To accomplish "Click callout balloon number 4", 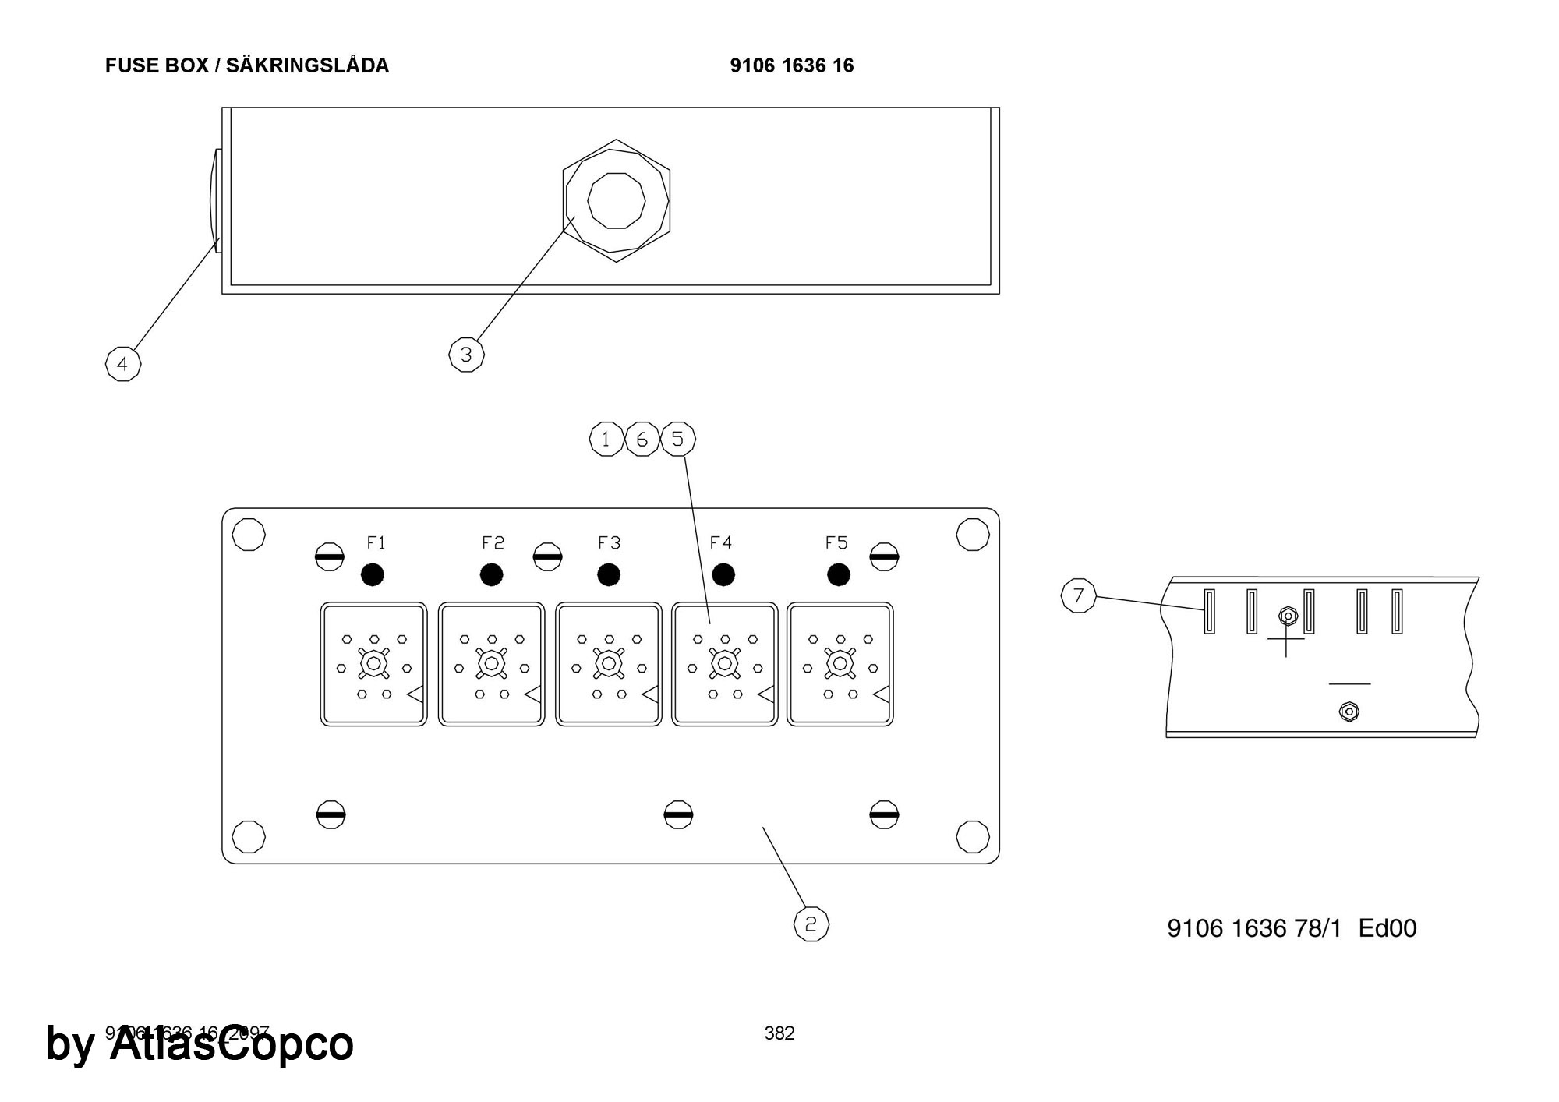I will [x=122, y=364].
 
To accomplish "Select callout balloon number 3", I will [x=466, y=355].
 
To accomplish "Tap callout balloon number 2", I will [x=811, y=924].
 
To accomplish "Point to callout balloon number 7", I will [x=1079, y=596].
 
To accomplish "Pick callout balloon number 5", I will [x=677, y=440].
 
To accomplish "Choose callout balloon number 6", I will [x=642, y=440].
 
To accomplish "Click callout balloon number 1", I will [x=606, y=440].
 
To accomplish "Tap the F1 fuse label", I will [x=376, y=542].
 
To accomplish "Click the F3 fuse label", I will [x=609, y=542].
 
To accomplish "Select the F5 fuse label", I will [x=836, y=542].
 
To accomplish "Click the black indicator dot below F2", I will [x=491, y=575].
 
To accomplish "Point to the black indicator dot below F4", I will [x=723, y=575].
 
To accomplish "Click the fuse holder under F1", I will [x=373, y=664].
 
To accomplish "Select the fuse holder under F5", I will [x=840, y=664].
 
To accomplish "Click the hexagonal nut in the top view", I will [x=616, y=200].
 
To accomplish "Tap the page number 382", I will [x=779, y=1033].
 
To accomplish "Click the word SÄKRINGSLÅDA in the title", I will [x=307, y=65].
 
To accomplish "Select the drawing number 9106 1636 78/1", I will [x=1254, y=928].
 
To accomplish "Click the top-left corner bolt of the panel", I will [x=249, y=535].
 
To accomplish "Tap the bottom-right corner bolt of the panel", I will [x=972, y=836].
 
